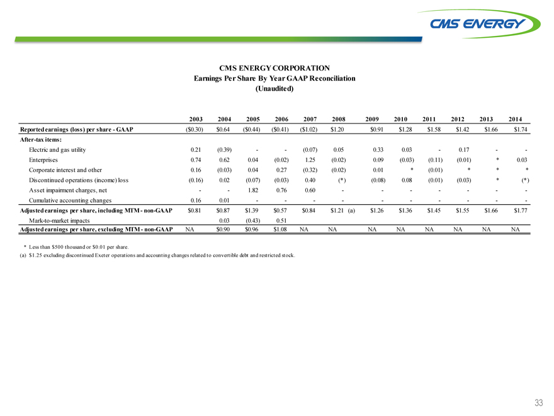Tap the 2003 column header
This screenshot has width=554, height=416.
(x=196, y=118)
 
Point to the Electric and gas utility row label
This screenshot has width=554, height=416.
(x=57, y=149)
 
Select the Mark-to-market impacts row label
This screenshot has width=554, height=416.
(x=59, y=221)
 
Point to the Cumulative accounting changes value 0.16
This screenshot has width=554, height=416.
(x=196, y=200)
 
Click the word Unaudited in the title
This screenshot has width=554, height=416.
(x=274, y=88)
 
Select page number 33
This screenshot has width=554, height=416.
(x=538, y=403)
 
